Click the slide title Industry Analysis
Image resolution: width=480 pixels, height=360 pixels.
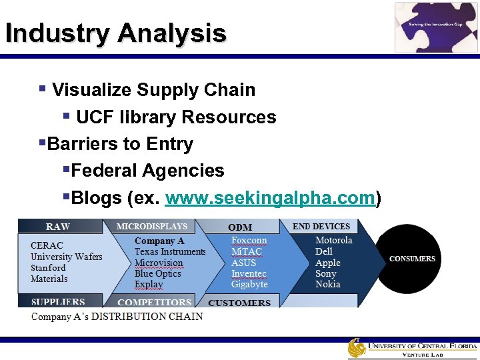point(115,33)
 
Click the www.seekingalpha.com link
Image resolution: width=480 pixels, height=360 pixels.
point(270,198)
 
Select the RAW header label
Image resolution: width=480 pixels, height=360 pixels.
point(58,227)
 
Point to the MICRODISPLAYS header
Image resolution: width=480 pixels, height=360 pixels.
point(152,227)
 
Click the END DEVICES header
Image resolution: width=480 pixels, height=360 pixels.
point(321,227)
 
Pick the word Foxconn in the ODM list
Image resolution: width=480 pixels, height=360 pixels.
point(249,241)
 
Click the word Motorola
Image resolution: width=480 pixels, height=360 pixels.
point(333,241)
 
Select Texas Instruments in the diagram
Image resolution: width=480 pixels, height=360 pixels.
point(169,252)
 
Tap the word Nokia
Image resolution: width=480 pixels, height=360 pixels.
point(327,285)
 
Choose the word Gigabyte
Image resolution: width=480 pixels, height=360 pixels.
point(249,285)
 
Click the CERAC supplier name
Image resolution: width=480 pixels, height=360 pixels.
point(47,246)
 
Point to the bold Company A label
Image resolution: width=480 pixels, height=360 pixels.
point(159,241)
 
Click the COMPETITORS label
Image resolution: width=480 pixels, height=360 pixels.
point(154,303)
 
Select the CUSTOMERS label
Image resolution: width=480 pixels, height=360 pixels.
point(239,303)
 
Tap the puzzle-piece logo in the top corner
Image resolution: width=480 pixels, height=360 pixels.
point(436,27)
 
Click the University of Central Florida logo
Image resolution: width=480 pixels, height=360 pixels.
point(412,349)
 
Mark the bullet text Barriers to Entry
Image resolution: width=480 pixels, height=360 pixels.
point(121,144)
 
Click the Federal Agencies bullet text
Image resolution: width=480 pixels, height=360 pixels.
point(147,171)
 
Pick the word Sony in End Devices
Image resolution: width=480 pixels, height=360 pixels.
point(326,274)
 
